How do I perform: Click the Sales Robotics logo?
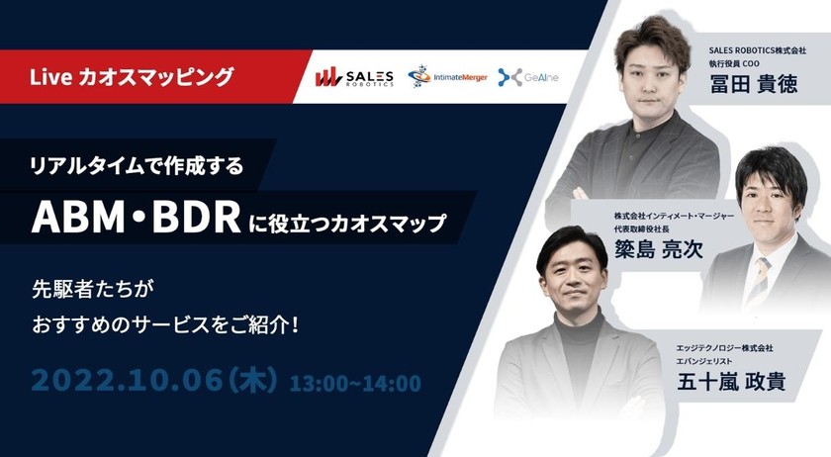[x=354, y=77]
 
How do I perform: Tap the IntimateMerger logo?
[x=446, y=77]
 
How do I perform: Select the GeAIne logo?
[x=528, y=77]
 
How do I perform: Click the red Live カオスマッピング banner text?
[x=132, y=75]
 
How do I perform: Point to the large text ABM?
[x=84, y=219]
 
